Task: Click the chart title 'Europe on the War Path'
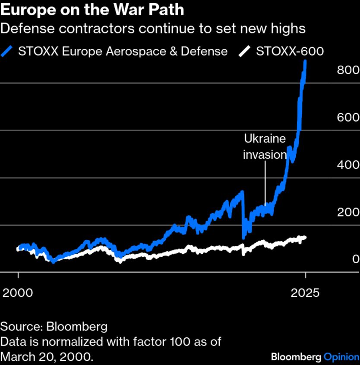click(x=92, y=9)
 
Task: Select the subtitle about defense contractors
click(x=153, y=29)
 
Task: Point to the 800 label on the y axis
click(x=347, y=70)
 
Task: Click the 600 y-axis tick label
click(x=347, y=118)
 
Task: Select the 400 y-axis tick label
click(x=347, y=165)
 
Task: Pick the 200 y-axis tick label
click(x=347, y=212)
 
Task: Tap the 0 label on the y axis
click(x=355, y=259)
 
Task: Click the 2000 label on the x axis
click(x=18, y=293)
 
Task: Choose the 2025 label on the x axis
click(x=305, y=293)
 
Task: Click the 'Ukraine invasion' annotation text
click(x=265, y=147)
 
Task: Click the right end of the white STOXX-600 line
click(x=305, y=237)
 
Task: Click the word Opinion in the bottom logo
click(x=341, y=357)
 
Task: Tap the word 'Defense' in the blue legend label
click(x=204, y=51)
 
